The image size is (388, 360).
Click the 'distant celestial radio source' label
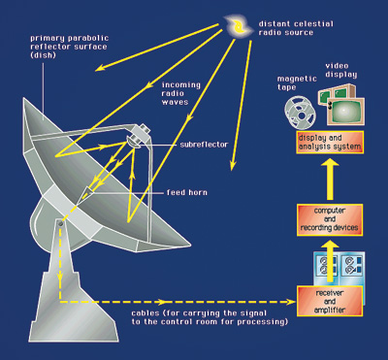(x=285, y=25)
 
